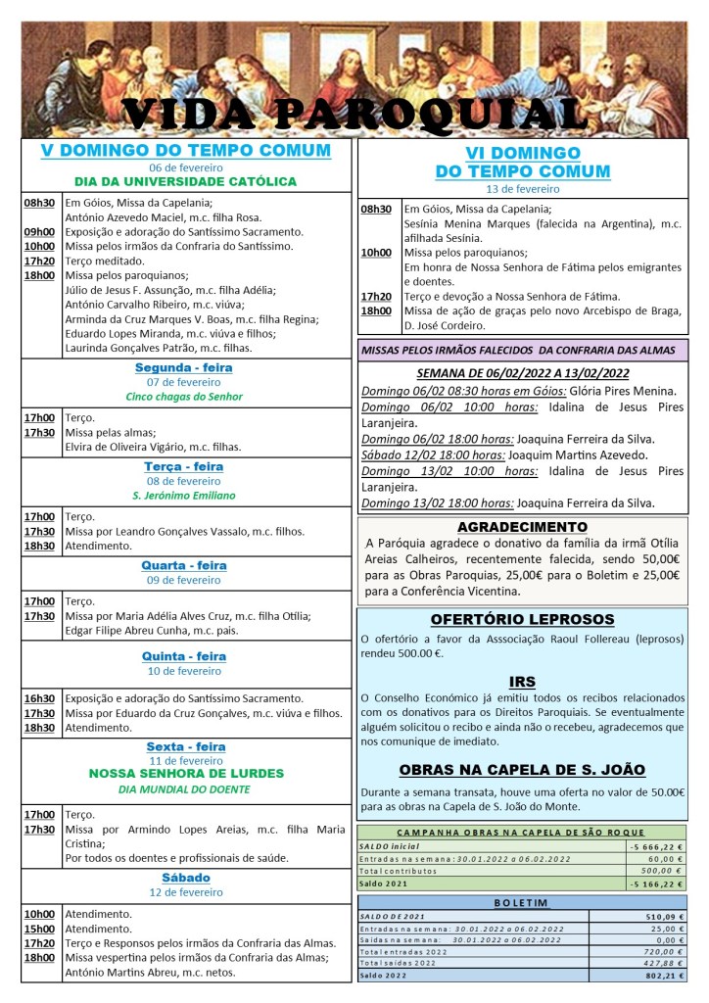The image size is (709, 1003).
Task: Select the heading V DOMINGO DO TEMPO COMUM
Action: (x=186, y=151)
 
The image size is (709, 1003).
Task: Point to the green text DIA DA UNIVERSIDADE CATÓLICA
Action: (x=186, y=181)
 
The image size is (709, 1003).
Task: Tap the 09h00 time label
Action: (x=39, y=232)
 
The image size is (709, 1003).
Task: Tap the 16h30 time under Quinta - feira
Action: (x=39, y=698)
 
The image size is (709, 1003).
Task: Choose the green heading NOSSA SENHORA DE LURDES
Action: (x=186, y=774)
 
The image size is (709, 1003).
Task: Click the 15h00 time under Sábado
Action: (x=39, y=929)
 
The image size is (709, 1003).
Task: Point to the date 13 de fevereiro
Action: (x=523, y=188)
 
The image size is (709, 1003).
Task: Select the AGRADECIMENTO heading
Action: (x=522, y=527)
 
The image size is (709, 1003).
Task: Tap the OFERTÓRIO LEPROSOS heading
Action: (x=522, y=620)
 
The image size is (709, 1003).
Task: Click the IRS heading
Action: (x=522, y=682)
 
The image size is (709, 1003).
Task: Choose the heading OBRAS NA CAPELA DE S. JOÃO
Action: (x=522, y=770)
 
